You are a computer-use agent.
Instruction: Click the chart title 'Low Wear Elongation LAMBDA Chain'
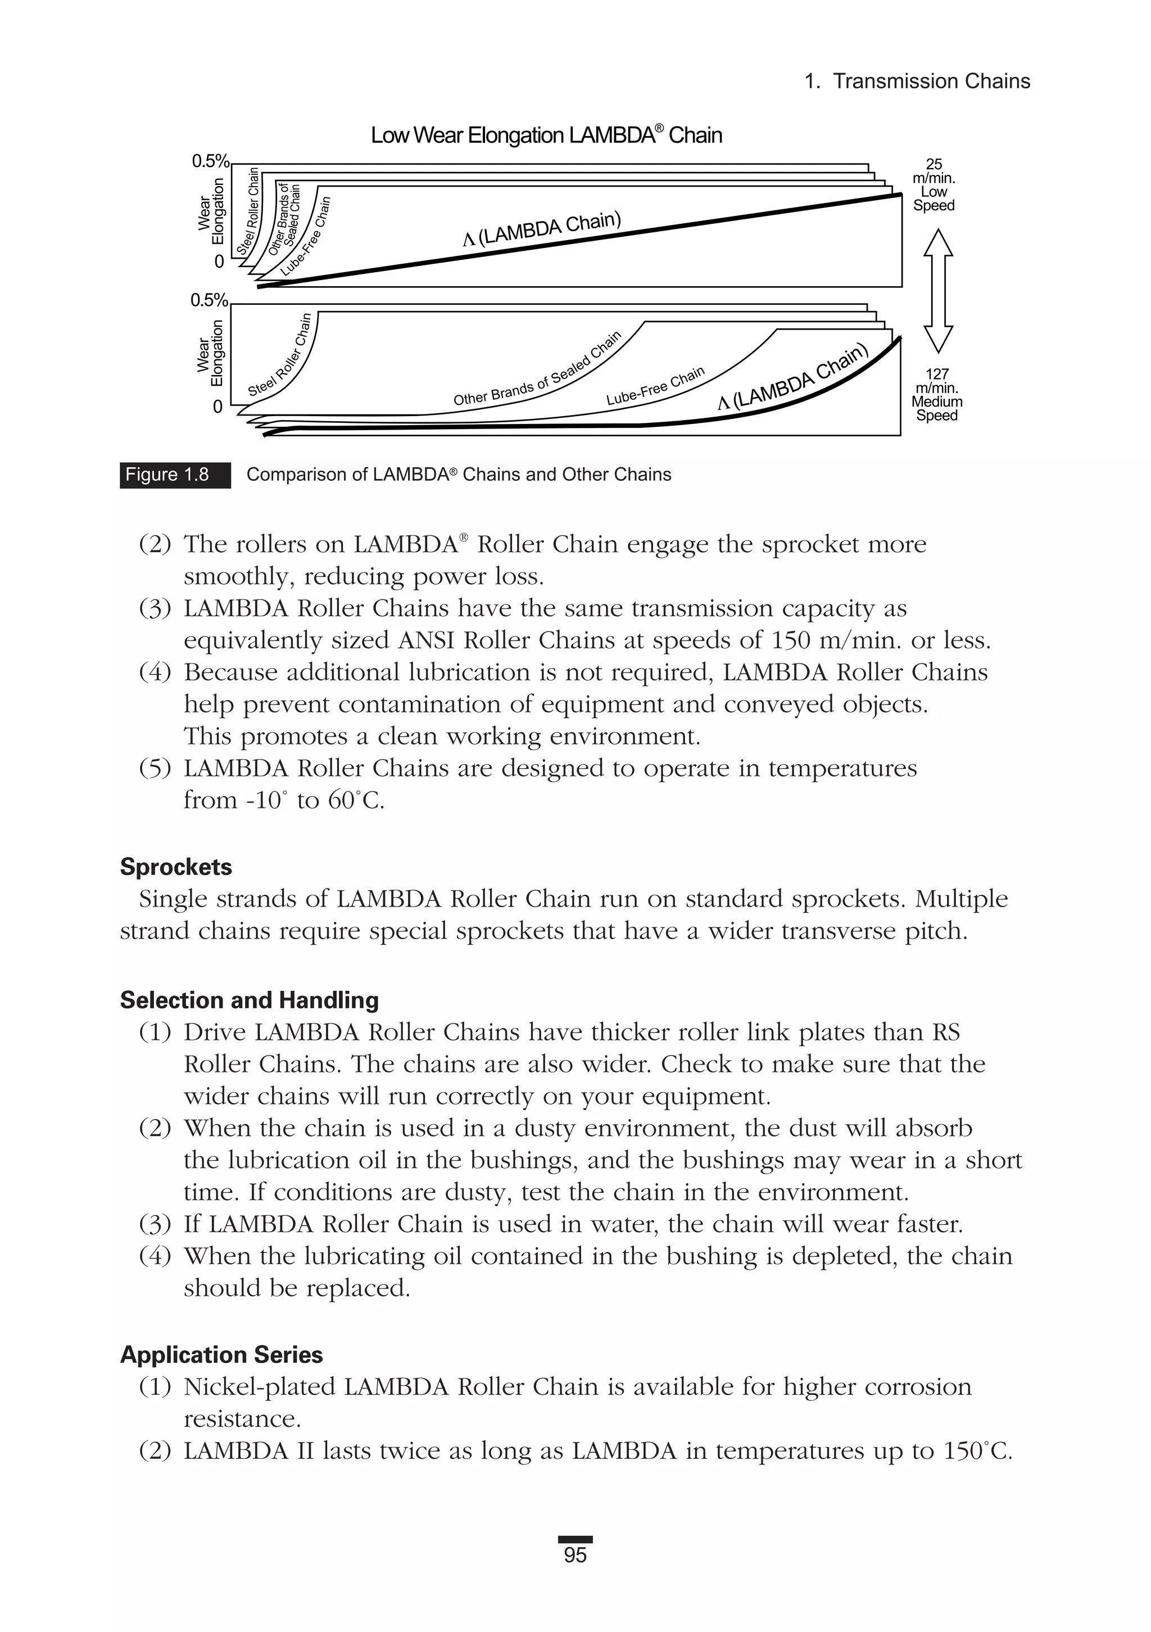tap(546, 135)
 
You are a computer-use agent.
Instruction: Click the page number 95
tap(575, 1555)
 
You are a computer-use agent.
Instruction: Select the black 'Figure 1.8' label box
tap(175, 475)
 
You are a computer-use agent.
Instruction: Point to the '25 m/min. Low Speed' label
tap(934, 185)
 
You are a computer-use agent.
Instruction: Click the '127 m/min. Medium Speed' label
tap(936, 394)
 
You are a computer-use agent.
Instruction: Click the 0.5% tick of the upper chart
tap(210, 161)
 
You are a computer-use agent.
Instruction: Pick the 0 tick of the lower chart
tap(217, 407)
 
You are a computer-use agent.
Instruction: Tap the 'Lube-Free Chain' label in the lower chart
tap(655, 386)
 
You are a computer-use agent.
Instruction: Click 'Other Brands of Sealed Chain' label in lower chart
tap(538, 369)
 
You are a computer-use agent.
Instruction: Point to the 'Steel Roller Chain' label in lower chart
tap(280, 355)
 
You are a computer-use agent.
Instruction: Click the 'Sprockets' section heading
tap(175, 867)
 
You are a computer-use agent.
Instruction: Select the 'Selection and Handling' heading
tap(248, 1000)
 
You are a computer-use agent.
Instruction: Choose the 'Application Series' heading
tap(221, 1355)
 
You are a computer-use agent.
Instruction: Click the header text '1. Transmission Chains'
tap(917, 81)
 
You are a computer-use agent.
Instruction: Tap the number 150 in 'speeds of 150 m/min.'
tap(790, 641)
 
